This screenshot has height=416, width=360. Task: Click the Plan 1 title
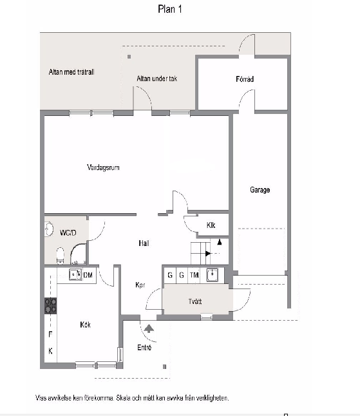pos(170,9)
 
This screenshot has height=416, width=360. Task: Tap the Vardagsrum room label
pos(103,167)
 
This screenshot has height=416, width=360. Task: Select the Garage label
pos(260,190)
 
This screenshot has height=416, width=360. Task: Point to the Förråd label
pos(245,79)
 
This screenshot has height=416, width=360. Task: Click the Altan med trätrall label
pos(71,72)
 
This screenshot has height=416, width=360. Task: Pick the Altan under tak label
pos(156,79)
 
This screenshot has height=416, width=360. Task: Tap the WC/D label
pos(68,232)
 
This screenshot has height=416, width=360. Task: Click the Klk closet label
pos(211,225)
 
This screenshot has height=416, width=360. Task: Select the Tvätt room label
pos(195,301)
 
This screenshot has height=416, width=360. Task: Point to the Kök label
pos(85,325)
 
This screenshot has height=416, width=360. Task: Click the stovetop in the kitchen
pos(50,306)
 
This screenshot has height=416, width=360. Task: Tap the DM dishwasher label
pos(88,275)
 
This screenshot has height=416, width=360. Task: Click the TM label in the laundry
pos(194,275)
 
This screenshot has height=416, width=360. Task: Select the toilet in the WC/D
pos(61,256)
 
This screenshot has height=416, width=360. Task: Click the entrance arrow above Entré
pos(149,328)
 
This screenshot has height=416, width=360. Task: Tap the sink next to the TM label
pos(213,274)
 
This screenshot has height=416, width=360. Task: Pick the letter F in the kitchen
pos(50,334)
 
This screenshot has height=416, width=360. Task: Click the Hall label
pos(144,243)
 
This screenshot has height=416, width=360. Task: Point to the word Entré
pos(144,347)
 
